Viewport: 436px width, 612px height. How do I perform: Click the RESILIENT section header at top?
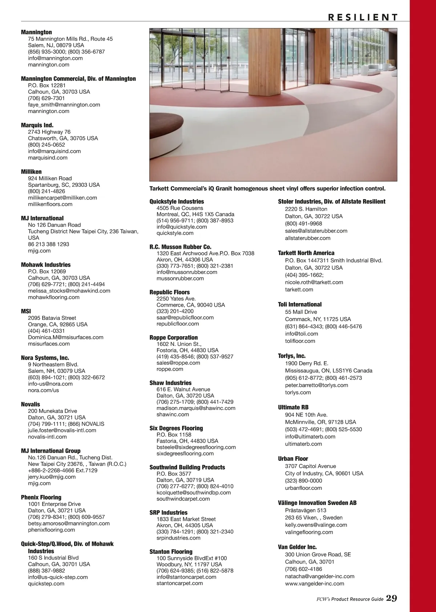point(363,17)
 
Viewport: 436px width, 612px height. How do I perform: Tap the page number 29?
point(391,598)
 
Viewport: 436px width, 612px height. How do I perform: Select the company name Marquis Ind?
point(37,125)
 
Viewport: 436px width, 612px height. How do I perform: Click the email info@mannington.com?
point(55,58)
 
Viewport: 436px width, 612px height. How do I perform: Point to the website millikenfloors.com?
point(50,204)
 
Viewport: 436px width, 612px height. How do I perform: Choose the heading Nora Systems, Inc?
point(45,358)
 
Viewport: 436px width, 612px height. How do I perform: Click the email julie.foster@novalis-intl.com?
point(62,430)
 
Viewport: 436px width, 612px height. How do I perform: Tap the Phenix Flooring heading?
point(41,497)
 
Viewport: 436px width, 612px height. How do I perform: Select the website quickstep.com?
point(46,584)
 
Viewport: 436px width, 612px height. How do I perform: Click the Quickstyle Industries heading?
point(177,201)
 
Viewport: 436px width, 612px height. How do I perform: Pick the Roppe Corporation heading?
point(174,337)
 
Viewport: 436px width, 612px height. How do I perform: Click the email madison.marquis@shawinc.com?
point(196,408)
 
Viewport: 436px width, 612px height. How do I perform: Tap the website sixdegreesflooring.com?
point(185,454)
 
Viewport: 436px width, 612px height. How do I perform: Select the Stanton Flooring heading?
point(171,551)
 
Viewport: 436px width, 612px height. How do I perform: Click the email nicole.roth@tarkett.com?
point(314,282)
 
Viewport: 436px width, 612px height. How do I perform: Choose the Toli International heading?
point(300,304)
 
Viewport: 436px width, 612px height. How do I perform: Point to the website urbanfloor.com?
point(303,488)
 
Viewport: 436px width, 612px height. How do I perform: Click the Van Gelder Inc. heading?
point(297,547)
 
